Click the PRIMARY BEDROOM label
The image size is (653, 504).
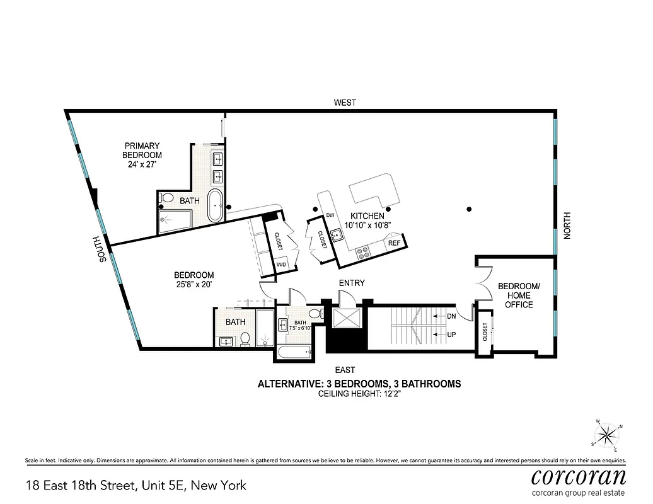[x=142, y=155]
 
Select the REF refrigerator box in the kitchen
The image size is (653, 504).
[x=395, y=243]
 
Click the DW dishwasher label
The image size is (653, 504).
[x=330, y=215]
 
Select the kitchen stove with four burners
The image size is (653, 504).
[x=364, y=253]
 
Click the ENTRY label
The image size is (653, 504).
[x=351, y=283]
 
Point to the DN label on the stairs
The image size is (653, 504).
[x=451, y=316]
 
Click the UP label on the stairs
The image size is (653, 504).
[x=451, y=335]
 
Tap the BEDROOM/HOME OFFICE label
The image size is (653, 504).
[x=519, y=295]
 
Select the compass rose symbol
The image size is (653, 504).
[x=608, y=434]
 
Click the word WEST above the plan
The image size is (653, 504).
[x=345, y=103]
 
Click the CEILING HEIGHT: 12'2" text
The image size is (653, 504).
[x=359, y=394]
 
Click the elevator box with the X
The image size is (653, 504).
[x=346, y=318]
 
